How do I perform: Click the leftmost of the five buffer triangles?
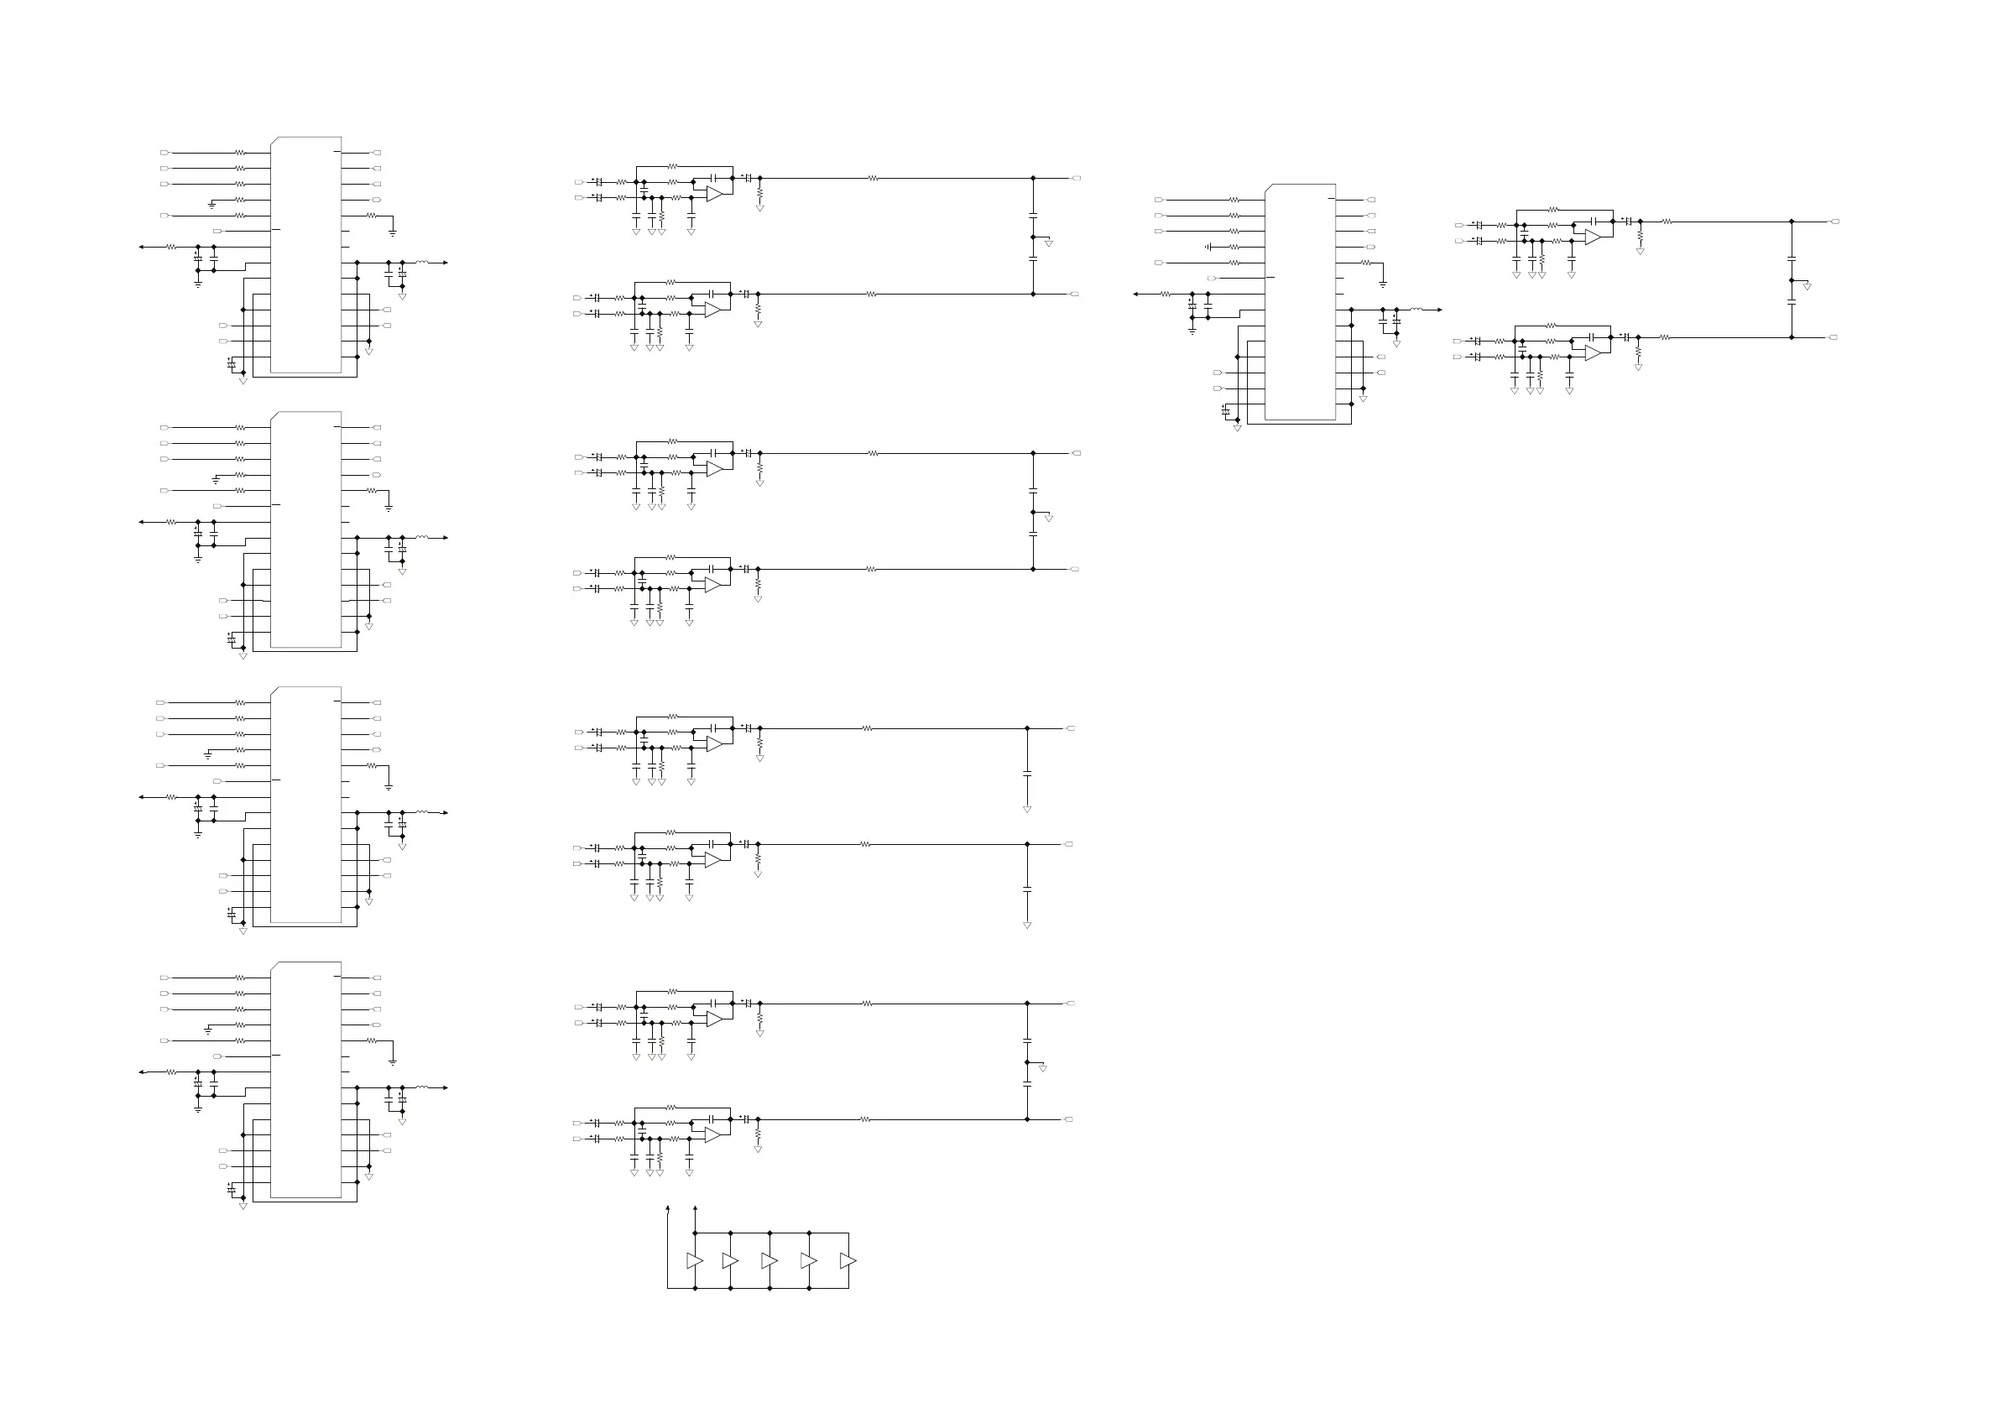pos(694,1261)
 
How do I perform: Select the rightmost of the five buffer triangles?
pos(848,1261)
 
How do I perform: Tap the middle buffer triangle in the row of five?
pos(769,1261)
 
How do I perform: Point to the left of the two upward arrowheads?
pos(667,1208)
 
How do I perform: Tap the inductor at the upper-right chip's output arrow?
pos(1416,310)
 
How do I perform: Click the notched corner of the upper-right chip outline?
pos(1268,187)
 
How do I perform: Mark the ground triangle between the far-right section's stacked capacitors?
pos(1808,287)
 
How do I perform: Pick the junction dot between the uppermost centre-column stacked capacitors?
pos(1033,237)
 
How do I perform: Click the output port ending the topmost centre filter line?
pos(1077,179)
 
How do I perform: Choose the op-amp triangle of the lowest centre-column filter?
pos(712,1135)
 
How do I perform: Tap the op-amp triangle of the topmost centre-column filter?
pos(714,194)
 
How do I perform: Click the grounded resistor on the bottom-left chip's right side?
pos(372,1040)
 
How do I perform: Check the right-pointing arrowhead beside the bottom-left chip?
pos(445,1087)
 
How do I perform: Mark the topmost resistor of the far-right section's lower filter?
pos(1552,326)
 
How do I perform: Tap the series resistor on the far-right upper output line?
pos(1667,222)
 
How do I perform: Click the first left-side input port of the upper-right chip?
pos(1158,200)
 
